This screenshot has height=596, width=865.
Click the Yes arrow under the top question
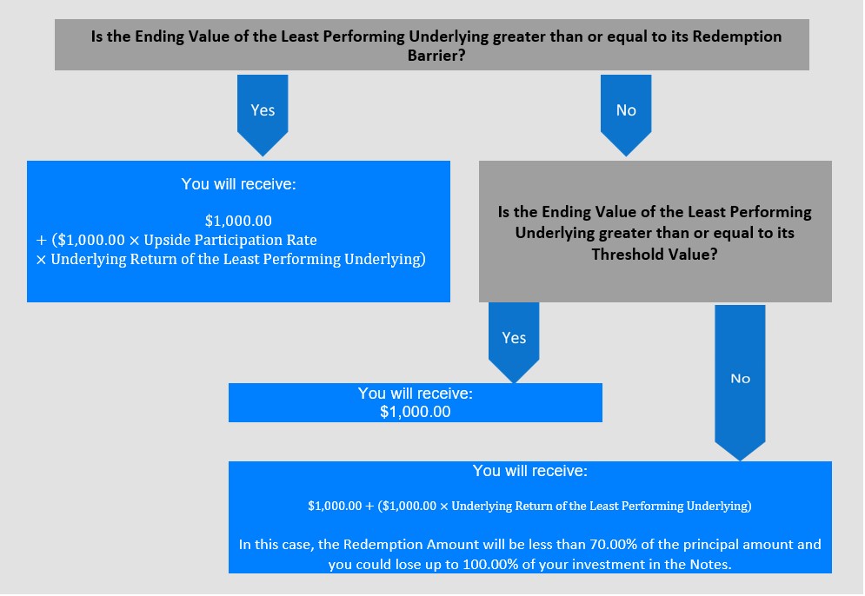(x=263, y=115)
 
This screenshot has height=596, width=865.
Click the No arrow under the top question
(x=626, y=115)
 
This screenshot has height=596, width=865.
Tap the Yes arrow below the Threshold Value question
(x=514, y=341)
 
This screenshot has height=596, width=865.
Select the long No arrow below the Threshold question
(x=740, y=382)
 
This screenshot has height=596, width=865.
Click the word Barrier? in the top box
(x=436, y=56)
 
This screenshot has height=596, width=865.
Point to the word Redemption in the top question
(x=737, y=37)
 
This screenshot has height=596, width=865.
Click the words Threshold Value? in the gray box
(x=655, y=255)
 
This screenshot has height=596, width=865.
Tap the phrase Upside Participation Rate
(x=230, y=241)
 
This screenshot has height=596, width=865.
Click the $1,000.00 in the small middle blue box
(x=416, y=412)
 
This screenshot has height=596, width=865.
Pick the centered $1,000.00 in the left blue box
(x=238, y=221)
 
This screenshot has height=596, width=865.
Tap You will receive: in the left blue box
(x=238, y=184)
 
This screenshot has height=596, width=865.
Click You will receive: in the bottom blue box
(x=530, y=471)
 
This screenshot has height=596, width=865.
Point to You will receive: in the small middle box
(x=416, y=393)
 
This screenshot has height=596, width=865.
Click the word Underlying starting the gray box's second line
(x=555, y=233)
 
